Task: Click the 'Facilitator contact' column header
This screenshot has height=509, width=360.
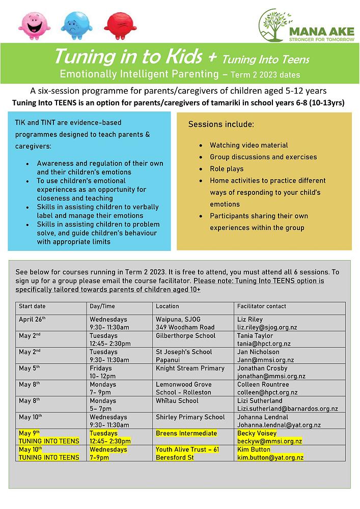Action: tap(262, 306)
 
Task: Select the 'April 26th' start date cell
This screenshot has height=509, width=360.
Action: tap(32, 319)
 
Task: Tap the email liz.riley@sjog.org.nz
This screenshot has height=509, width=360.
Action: tap(267, 327)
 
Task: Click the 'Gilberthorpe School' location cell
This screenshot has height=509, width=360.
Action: tap(185, 336)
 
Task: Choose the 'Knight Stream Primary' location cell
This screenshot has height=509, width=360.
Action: tap(190, 369)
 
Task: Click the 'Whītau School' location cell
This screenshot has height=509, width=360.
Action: tap(177, 401)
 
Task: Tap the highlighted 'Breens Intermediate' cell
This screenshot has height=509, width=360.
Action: tap(186, 434)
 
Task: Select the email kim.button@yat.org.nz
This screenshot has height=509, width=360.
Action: tap(270, 458)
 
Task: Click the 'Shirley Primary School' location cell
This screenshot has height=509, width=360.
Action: tap(190, 417)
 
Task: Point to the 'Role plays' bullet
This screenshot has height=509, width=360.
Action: tap(227, 169)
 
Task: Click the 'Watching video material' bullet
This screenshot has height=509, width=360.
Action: tap(248, 146)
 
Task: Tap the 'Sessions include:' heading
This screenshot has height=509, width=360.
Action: tap(221, 124)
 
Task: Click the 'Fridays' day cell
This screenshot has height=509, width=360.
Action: tap(101, 369)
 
